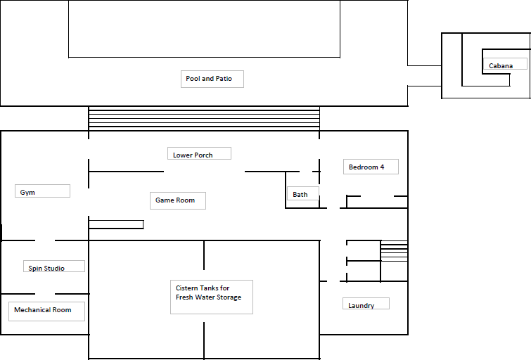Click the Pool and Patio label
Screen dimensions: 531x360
[x=209, y=79]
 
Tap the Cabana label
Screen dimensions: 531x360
[x=501, y=65]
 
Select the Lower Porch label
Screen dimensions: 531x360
[x=193, y=155]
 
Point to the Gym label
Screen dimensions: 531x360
[x=27, y=193]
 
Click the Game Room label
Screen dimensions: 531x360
[x=175, y=200]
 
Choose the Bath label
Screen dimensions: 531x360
[x=300, y=194]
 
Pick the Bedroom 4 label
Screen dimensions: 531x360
[x=366, y=167]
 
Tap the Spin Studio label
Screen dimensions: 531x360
[x=46, y=268]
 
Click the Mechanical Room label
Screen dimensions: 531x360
[x=43, y=309]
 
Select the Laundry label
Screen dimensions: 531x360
[x=361, y=305]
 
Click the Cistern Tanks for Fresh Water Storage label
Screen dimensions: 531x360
[x=209, y=292]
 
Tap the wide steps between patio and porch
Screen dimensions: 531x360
[x=204, y=118]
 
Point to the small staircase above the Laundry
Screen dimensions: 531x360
[x=394, y=251]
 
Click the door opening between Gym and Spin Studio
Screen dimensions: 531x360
[x=45, y=240]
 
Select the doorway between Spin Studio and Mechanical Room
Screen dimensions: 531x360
[x=45, y=294]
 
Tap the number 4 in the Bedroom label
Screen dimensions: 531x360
[x=382, y=167]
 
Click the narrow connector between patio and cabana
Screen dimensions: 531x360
[x=424, y=75]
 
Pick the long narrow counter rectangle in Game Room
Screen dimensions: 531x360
[x=116, y=224]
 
